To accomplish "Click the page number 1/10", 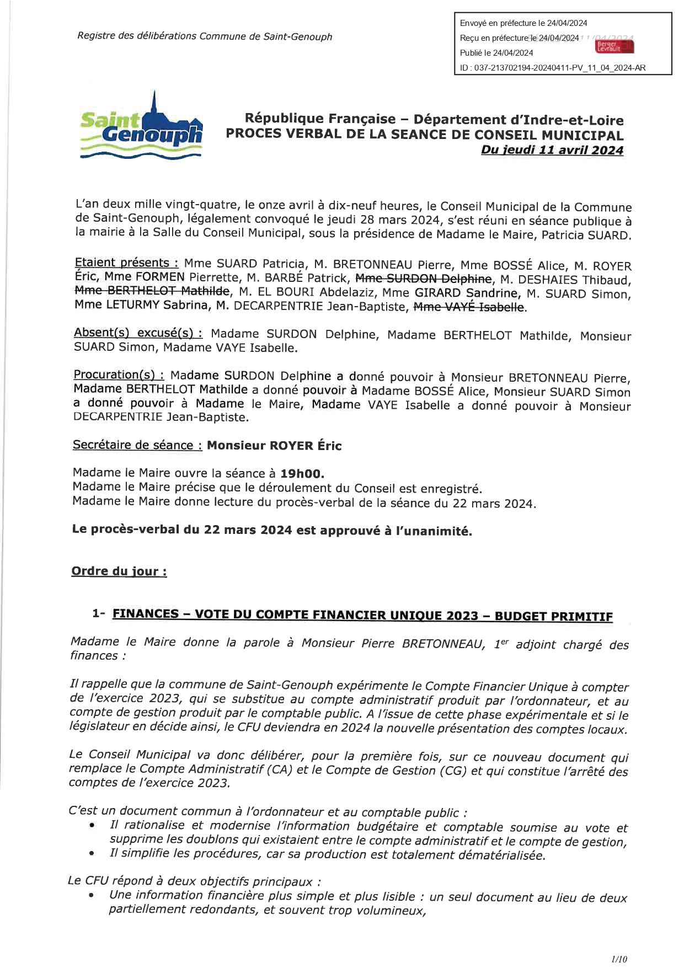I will coord(619,959).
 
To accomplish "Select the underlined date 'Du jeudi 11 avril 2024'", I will coord(552,150).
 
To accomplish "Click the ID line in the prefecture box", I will coord(552,68).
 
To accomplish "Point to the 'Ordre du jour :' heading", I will coord(119,571).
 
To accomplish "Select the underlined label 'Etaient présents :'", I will coord(127,263).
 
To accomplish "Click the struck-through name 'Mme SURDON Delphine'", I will coord(423,279).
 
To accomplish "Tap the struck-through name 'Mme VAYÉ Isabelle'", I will coord(469,307).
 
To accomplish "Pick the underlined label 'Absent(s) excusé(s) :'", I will coord(138,333).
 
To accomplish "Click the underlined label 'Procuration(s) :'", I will coord(119,375).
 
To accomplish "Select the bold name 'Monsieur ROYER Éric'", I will coord(274,446).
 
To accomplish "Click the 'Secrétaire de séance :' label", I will coord(137,445).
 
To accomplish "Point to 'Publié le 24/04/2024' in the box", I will coord(496,53).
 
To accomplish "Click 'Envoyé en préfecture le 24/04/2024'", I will coord(523,23).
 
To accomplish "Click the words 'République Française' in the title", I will coord(320,119).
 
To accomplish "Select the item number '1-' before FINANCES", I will coord(99,614).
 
